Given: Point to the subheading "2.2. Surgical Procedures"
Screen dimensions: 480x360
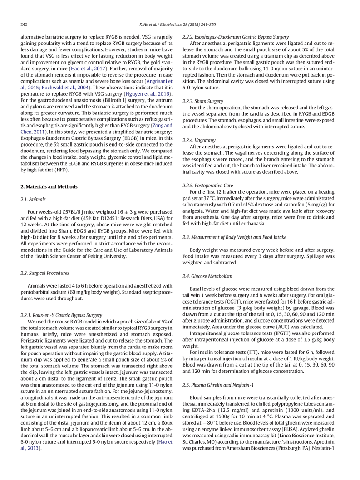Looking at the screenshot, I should tap(45, 273).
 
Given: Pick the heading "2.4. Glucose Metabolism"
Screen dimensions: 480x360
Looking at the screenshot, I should tap(207, 276).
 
